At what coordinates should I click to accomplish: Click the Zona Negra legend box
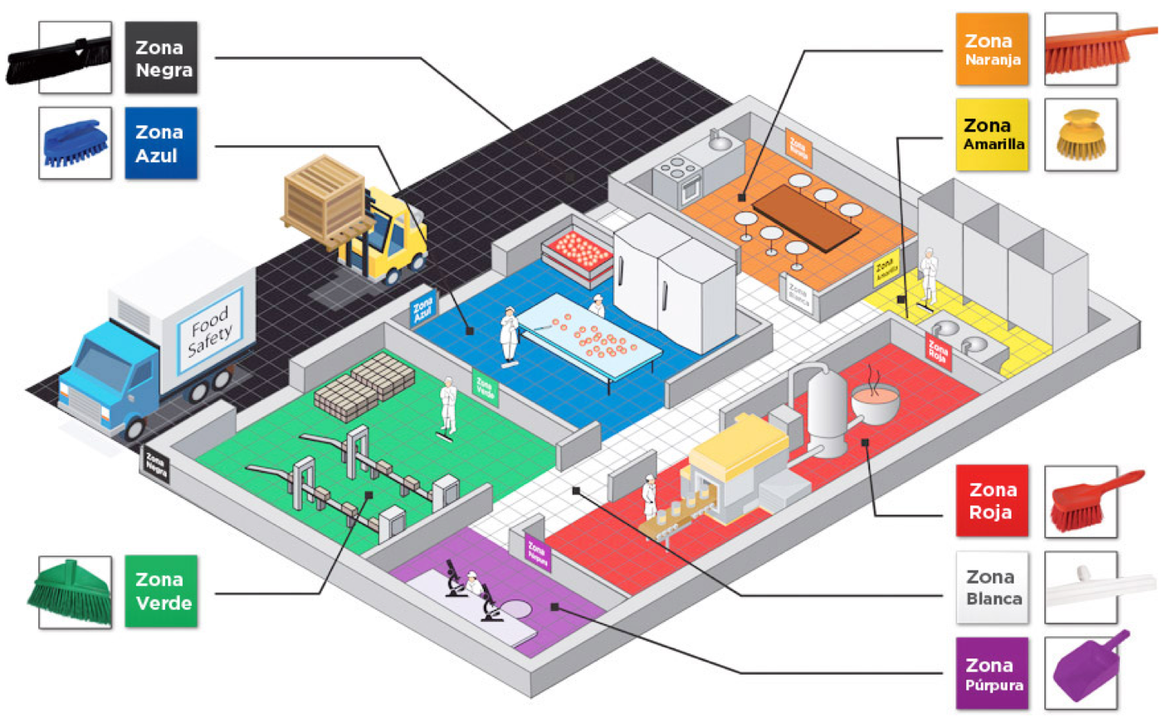(x=161, y=58)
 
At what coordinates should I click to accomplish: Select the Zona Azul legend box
(x=161, y=143)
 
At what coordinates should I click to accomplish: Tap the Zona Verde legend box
(x=161, y=591)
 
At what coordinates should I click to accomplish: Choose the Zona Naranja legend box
(x=992, y=49)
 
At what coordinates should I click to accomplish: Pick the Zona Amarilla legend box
(x=992, y=134)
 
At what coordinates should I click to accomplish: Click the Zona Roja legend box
(x=992, y=501)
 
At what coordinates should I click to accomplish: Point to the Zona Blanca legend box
(x=992, y=587)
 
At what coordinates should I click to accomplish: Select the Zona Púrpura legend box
(x=992, y=673)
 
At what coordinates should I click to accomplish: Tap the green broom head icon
(x=74, y=591)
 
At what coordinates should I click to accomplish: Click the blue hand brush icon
(x=74, y=143)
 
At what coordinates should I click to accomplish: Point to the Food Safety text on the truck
(x=209, y=330)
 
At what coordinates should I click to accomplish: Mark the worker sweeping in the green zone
(x=447, y=405)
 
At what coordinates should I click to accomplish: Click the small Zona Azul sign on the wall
(x=423, y=310)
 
